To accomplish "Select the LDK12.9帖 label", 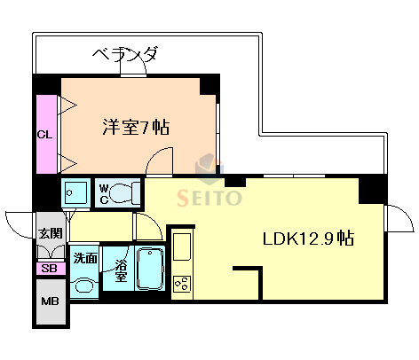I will pos(308,238).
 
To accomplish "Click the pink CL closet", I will pos(44,134).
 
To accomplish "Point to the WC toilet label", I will pos(105,192).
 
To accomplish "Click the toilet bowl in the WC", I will pos(129,192).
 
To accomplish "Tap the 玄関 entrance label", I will pos(49,233).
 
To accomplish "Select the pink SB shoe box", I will pos(49,268).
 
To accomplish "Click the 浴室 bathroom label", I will pos(116,270).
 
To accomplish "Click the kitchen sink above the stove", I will pos(183,245).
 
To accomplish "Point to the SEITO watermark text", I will pos(210,197).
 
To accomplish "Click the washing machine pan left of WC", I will pos(77,192).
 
